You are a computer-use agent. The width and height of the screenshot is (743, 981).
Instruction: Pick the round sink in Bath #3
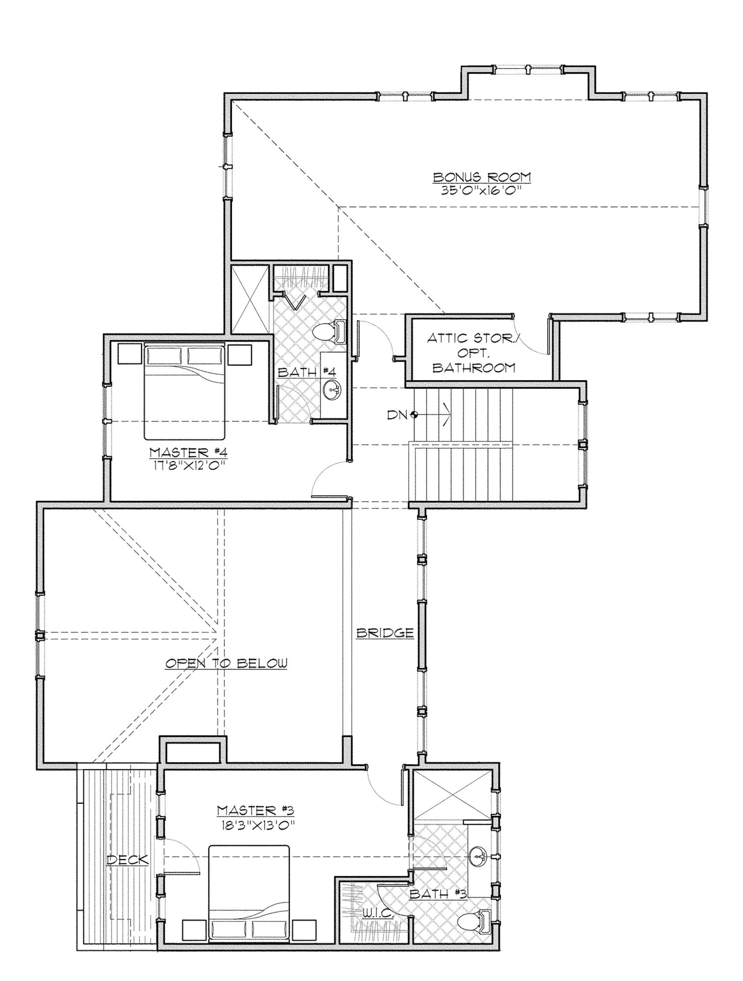pos(481,854)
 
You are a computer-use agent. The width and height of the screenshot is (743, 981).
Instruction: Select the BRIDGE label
pos(385,633)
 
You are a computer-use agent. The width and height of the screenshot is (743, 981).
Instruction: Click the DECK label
pos(128,860)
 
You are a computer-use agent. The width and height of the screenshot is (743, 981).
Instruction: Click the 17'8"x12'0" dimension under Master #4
pos(189,467)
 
